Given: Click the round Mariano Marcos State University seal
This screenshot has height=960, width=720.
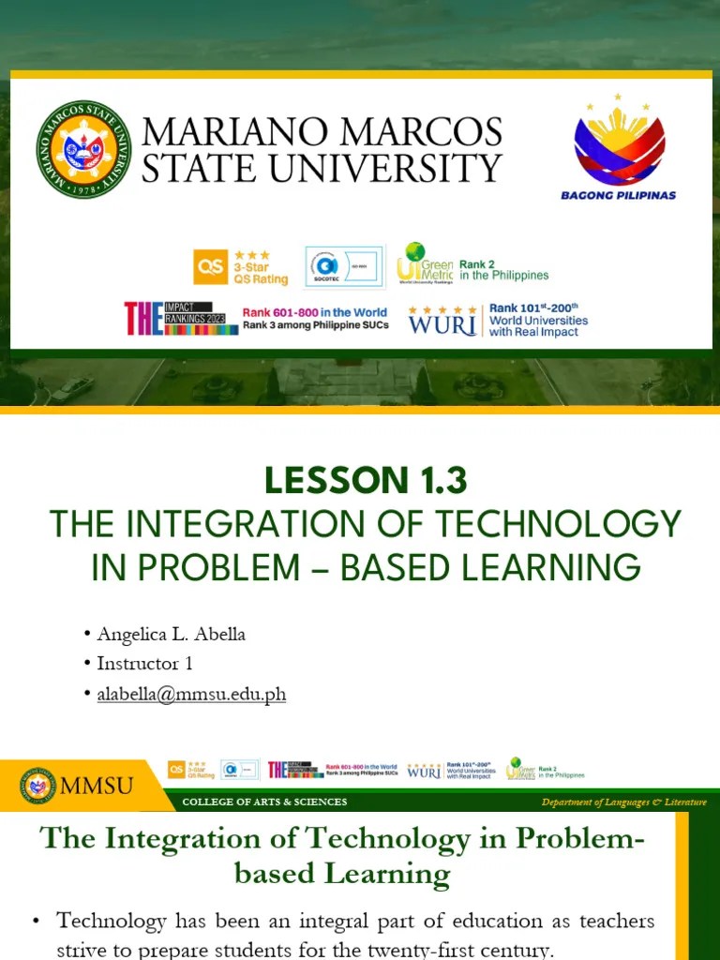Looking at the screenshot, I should click(x=84, y=150).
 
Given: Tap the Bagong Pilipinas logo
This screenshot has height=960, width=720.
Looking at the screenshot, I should click(x=618, y=147).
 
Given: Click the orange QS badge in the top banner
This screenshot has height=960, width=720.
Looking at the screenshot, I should click(x=210, y=267).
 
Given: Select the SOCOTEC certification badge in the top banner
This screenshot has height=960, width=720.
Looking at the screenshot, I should click(x=344, y=267).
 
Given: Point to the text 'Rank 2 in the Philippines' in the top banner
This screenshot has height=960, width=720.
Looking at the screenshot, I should click(x=503, y=270).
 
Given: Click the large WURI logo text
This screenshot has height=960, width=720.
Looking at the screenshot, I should click(x=442, y=321).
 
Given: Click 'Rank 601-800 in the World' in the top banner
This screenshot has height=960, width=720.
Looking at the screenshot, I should click(x=314, y=313).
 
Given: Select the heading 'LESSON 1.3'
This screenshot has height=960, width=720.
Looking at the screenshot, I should click(x=366, y=481).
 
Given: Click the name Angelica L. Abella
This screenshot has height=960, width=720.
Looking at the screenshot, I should click(x=171, y=634).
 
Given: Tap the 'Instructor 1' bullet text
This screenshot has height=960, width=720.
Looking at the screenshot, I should click(x=144, y=664).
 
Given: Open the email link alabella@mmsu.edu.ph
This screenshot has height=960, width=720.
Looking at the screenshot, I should click(x=191, y=695).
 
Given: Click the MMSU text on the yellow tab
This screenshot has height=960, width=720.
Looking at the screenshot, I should click(x=97, y=786).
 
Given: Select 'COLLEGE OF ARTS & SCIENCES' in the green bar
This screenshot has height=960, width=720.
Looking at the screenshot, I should click(x=264, y=802).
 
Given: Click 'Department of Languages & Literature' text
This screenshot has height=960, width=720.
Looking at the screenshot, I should click(x=623, y=802).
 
